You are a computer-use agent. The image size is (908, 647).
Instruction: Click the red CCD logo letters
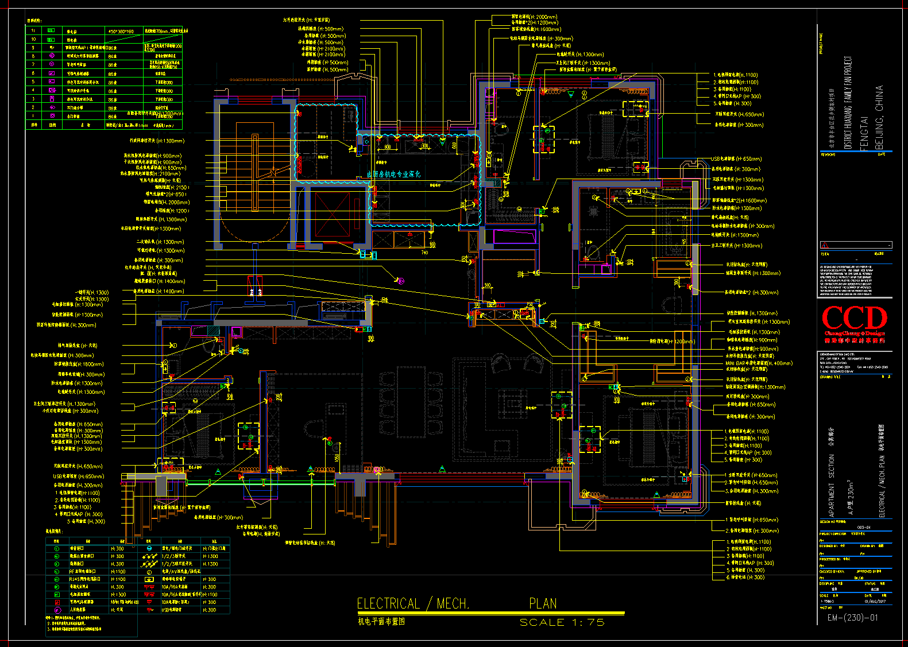tap(855, 319)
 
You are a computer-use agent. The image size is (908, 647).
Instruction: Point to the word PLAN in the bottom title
tap(543, 603)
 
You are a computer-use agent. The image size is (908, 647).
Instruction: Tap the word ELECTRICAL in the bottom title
tap(389, 603)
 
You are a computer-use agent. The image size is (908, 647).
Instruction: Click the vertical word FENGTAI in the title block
tap(865, 133)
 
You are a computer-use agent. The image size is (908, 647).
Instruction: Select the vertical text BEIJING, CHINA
tap(879, 118)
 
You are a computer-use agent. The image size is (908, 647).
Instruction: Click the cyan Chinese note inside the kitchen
tap(393, 174)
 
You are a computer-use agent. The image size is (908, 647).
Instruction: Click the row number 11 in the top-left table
tap(33, 30)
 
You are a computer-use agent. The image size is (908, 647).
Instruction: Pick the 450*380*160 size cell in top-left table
tap(121, 31)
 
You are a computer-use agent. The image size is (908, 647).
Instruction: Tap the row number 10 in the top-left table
tap(33, 39)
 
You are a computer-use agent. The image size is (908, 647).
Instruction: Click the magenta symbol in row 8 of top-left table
tap(52, 56)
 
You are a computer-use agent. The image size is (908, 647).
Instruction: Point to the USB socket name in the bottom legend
tap(172, 610)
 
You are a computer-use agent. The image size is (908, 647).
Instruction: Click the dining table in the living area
tap(411, 402)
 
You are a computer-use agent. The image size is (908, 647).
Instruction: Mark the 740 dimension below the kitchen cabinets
tap(424, 253)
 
